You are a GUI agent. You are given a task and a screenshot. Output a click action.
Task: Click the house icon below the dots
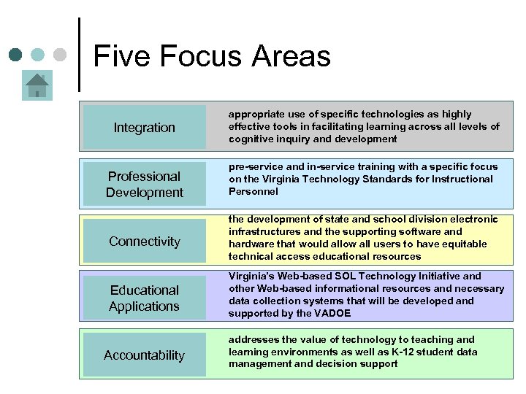[36, 86]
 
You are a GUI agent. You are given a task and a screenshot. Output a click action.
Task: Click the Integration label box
[145, 127]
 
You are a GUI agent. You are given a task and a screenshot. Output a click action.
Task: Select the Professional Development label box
[145, 184]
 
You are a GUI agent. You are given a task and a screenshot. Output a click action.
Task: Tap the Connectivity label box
[145, 241]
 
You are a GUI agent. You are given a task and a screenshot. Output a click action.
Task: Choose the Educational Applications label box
[145, 298]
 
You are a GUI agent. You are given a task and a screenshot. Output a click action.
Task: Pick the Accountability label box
[145, 355]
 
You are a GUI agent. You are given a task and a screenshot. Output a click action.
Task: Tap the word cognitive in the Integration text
[251, 139]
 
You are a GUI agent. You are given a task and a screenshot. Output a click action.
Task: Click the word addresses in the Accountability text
[253, 339]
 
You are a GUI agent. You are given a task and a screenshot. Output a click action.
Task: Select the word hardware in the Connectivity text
[251, 244]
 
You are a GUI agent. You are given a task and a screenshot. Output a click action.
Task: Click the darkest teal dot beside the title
[15, 55]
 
